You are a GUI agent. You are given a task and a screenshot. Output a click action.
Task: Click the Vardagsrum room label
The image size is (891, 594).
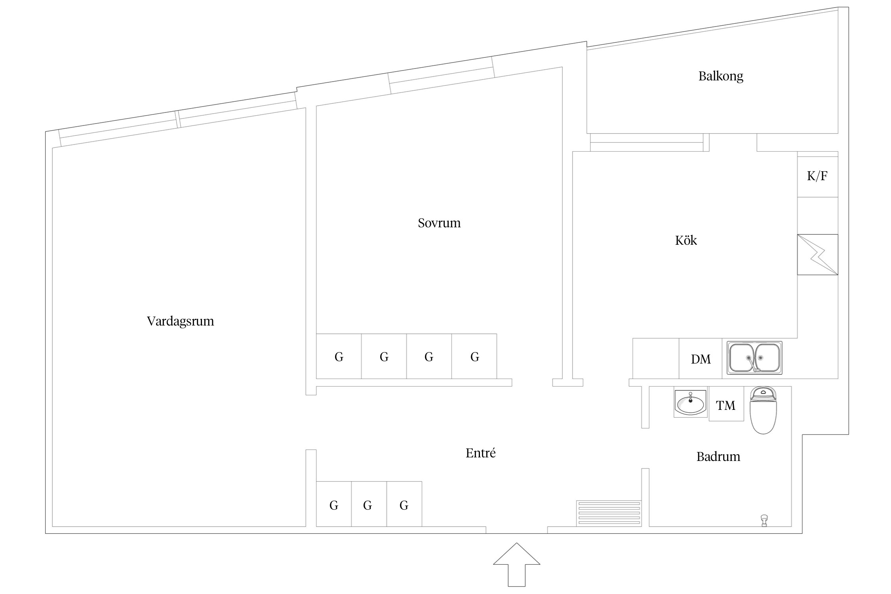[x=180, y=321]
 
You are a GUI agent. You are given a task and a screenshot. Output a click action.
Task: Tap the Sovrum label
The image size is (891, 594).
[x=439, y=223]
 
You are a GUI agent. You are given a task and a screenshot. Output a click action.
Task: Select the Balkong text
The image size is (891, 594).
[x=721, y=76]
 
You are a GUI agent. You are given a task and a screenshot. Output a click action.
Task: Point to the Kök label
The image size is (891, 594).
[x=686, y=240]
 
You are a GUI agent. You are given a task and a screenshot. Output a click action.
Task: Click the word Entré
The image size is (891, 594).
[x=480, y=453]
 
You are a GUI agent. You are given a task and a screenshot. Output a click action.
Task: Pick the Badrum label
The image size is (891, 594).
[x=718, y=457]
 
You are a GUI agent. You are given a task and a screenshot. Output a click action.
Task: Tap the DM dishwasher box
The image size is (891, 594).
[x=701, y=359]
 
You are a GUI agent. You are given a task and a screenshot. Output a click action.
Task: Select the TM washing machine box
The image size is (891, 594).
[x=726, y=405]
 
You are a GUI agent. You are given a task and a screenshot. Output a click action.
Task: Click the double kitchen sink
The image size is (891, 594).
[x=754, y=358]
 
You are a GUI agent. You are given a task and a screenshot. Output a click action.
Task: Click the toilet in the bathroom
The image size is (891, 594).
[x=763, y=411]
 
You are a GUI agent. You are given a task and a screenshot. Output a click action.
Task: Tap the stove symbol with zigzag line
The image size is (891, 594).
[x=817, y=255]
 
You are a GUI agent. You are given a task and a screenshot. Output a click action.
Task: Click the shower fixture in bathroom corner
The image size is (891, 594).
[x=764, y=520]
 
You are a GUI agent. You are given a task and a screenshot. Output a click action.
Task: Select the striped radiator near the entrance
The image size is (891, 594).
[x=609, y=513]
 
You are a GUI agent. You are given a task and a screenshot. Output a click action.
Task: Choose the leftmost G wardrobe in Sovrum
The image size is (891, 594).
[x=339, y=356]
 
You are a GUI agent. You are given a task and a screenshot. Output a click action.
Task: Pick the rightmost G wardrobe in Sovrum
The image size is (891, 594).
[x=474, y=356]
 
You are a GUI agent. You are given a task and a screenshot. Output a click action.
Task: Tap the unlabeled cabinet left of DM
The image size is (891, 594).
[x=656, y=359]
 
